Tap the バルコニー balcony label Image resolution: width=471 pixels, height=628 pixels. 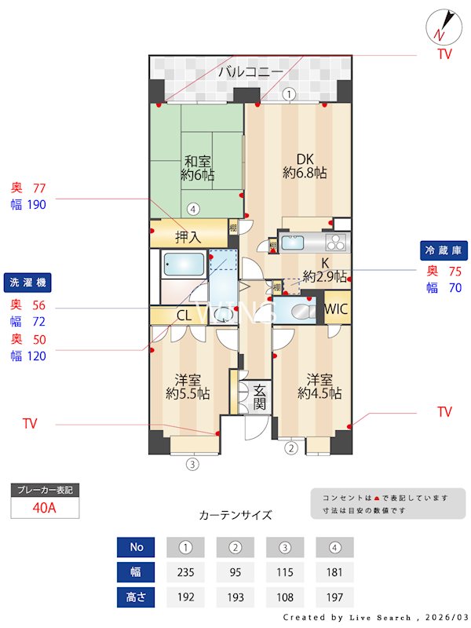click(250, 72)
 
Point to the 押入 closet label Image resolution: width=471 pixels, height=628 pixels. click(188, 235)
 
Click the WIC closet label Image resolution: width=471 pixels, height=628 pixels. click(336, 308)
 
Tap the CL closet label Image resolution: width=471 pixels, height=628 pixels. click(184, 316)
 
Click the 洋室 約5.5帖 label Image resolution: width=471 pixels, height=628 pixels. click(187, 385)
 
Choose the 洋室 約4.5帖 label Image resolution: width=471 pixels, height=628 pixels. click(319, 385)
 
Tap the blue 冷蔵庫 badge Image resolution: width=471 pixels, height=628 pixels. click(445, 250)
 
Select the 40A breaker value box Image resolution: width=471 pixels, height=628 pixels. click(45, 507)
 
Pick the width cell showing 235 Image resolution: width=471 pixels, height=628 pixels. click(185, 571)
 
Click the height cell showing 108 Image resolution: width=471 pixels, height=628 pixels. click(285, 597)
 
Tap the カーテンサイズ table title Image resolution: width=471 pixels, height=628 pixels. click(235, 516)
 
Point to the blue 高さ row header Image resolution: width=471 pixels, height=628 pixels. click(135, 597)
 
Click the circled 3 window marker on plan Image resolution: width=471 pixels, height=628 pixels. click(192, 464)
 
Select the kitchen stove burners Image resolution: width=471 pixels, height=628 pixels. click(338, 241)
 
